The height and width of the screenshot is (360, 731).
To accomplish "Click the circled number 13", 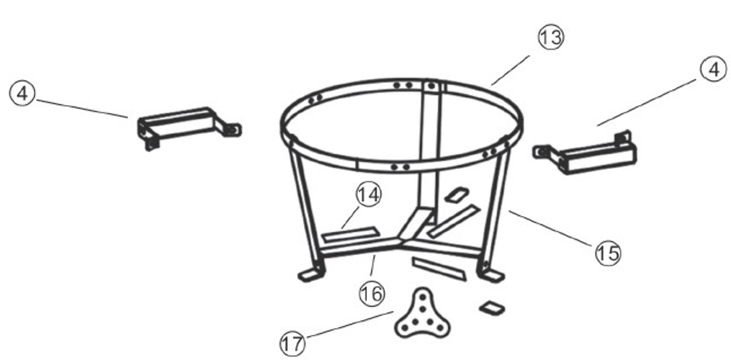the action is coord(551,37).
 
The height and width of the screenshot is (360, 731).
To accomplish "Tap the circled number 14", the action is coord(369,195).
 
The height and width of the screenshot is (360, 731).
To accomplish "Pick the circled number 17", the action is coord(292,344).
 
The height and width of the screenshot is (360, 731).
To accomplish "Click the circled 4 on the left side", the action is coord(22,94).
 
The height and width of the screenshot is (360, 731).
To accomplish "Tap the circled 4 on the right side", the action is coord(713,70).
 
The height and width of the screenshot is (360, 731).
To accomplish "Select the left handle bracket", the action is coord(189,127).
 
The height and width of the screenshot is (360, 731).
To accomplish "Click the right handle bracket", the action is coord(585,153).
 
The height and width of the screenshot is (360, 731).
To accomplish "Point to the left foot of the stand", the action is coord(310,274).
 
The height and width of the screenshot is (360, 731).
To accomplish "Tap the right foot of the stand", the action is coord(491,275).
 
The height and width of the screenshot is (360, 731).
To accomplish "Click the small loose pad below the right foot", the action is coord(493,307).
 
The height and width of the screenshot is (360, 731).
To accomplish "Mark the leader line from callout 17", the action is coord(350,324).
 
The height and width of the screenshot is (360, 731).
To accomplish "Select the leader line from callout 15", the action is coord(550,228).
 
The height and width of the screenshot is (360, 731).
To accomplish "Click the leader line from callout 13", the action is coord(511,70).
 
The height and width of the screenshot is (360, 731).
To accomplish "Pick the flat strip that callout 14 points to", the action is coord(350,234).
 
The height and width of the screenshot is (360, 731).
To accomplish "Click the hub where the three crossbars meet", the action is coord(402,240).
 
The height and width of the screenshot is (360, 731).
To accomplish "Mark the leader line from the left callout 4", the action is coord(82,108).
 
